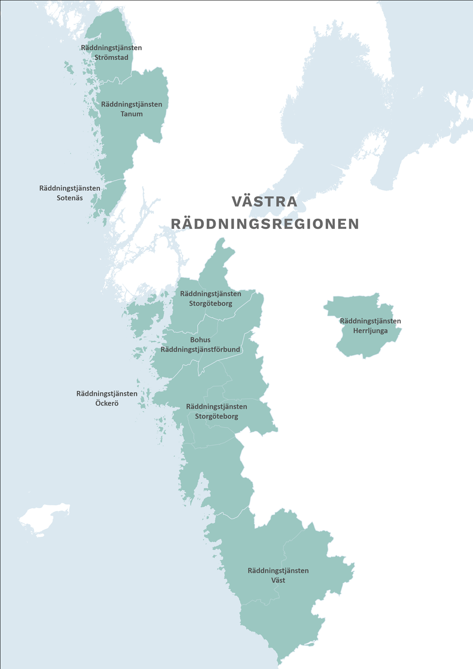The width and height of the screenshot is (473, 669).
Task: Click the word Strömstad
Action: click(111, 58)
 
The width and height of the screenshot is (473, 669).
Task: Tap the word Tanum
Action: click(131, 114)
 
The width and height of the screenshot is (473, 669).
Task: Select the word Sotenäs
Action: click(70, 198)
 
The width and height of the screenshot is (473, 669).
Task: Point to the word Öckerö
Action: click(107, 403)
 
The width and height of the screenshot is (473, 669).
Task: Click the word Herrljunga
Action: click(370, 331)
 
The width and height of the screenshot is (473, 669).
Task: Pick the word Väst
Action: click(278, 580)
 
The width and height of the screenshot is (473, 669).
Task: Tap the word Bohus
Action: click(200, 340)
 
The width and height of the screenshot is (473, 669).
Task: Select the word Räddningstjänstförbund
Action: click(201, 350)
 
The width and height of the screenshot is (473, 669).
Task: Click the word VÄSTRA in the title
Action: click(264, 201)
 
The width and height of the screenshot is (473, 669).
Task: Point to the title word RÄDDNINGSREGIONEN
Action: click(265, 224)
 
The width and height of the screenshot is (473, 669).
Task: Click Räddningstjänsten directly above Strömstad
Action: click(111, 48)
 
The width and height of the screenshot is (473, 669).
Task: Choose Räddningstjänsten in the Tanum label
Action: click(131, 104)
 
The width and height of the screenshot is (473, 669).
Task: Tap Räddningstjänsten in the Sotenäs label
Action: click(70, 188)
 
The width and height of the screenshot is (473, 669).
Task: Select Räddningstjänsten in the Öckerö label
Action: click(107, 393)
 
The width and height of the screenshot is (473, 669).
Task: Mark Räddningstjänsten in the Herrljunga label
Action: click(370, 321)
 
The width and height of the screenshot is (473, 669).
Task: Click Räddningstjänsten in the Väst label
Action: click(278, 570)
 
